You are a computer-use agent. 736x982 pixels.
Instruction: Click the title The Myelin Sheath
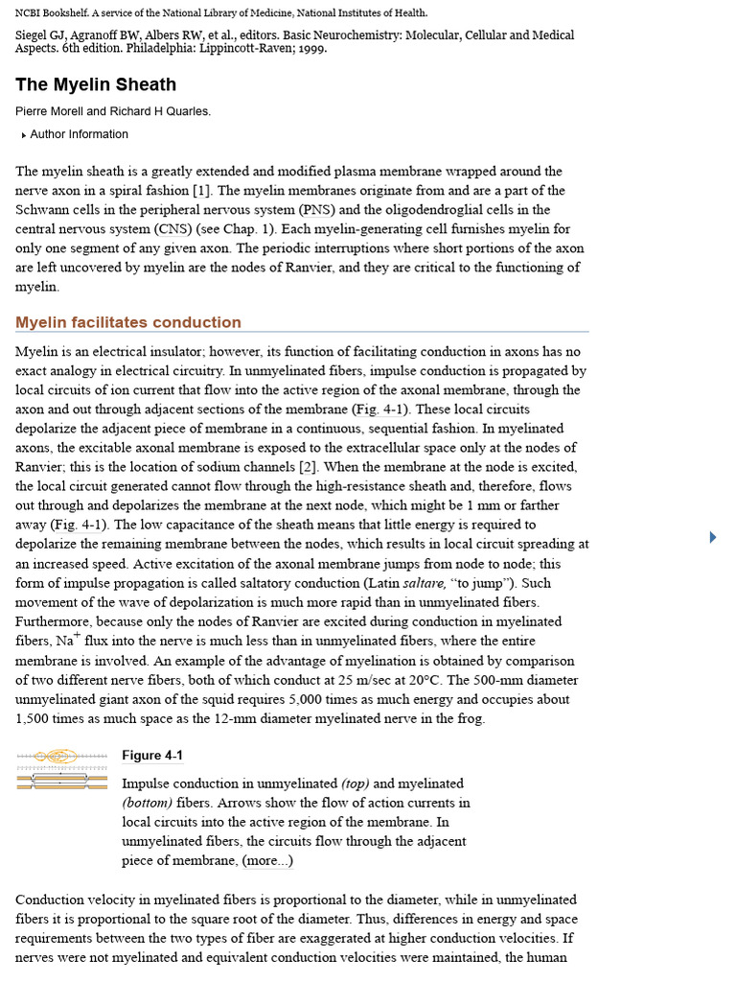[96, 84]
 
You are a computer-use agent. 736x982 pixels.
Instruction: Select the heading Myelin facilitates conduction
[128, 322]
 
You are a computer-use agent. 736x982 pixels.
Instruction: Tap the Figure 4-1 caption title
[152, 756]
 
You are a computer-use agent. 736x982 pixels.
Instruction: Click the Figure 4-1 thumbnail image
[62, 771]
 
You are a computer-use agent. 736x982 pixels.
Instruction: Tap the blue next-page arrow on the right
[712, 537]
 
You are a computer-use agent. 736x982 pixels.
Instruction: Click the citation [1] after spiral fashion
[201, 191]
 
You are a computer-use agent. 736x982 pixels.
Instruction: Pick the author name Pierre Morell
[54, 111]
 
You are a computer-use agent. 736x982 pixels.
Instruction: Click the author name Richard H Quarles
[161, 111]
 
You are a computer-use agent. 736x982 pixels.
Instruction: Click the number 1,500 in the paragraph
[34, 718]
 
